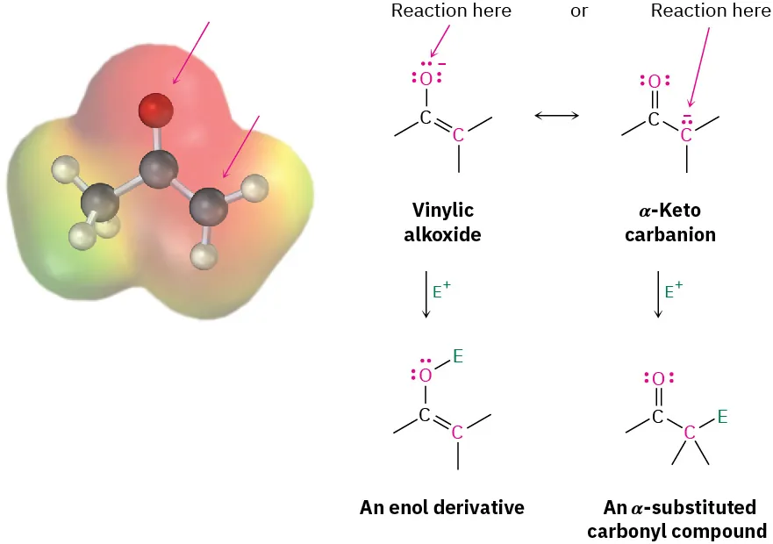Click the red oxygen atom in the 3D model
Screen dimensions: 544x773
156,111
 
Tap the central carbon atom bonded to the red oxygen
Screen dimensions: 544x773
159,168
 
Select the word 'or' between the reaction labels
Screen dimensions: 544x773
579,11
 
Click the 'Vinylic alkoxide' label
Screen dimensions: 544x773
443,223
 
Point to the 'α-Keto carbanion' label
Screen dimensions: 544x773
670,223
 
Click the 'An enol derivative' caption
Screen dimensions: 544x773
442,507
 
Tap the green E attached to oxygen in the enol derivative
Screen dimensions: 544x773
457,356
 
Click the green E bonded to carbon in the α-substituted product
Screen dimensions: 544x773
722,417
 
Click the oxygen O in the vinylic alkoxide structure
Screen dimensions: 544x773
426,79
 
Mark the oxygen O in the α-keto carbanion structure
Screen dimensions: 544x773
654,82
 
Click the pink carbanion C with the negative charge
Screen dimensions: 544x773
687,135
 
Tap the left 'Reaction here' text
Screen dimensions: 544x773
451,11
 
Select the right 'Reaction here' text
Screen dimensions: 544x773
710,11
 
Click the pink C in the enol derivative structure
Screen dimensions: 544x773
457,432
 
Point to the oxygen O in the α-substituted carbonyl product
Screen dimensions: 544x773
658,378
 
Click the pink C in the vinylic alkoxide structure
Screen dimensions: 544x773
458,135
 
